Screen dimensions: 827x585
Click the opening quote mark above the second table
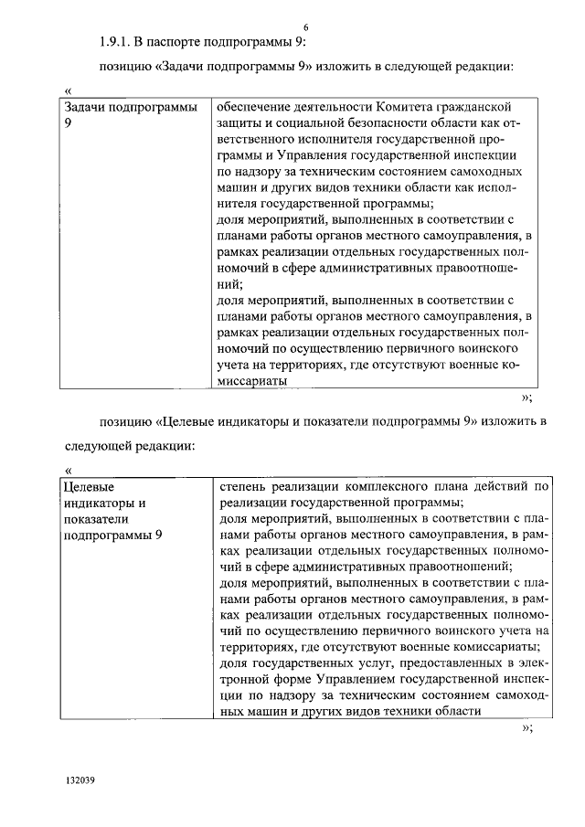pyautogui.click(x=68, y=470)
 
